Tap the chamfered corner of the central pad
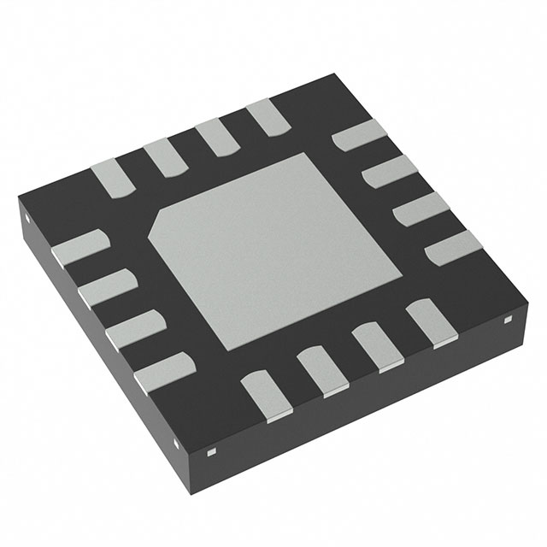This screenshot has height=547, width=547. click(x=160, y=224)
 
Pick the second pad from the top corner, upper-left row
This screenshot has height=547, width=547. click(x=214, y=137)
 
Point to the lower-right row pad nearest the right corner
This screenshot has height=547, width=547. click(x=427, y=322)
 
